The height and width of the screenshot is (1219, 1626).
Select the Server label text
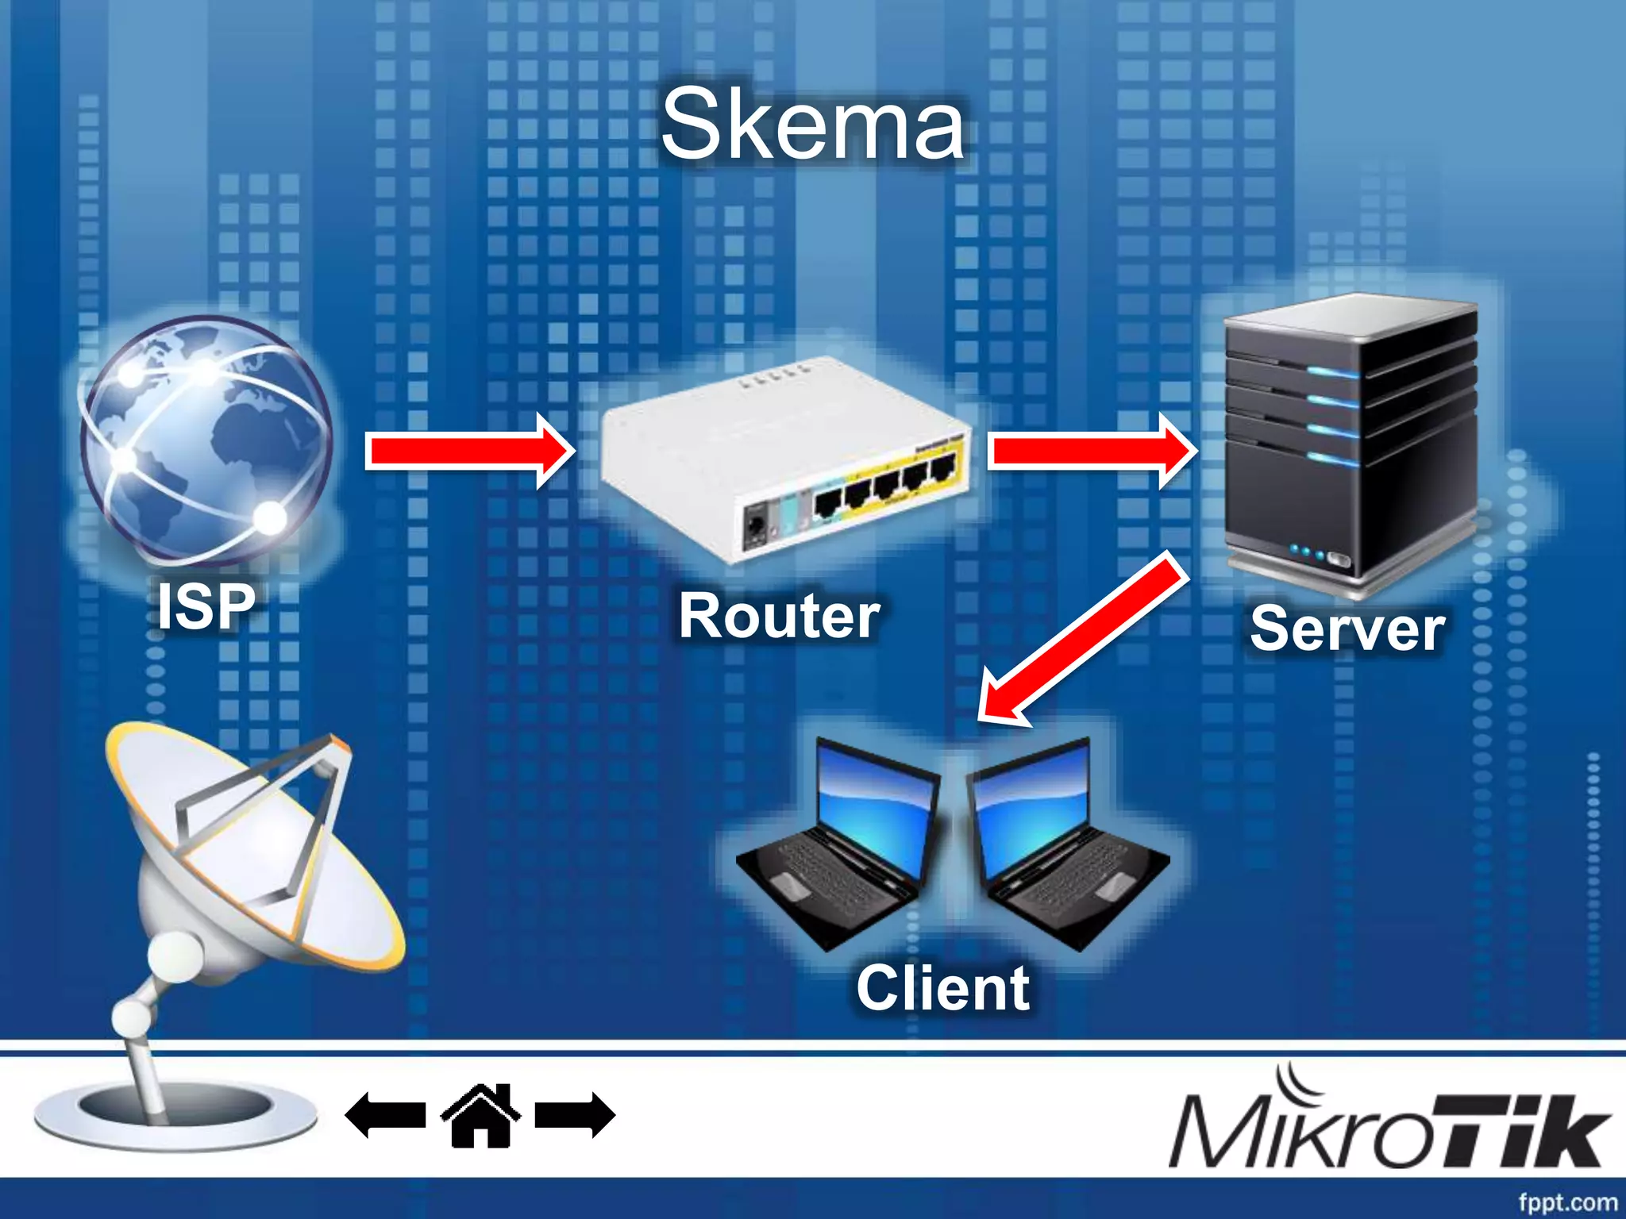1347,629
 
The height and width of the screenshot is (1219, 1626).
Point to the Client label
943,988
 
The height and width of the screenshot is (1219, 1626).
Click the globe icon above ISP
206,440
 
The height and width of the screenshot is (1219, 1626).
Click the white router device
782,460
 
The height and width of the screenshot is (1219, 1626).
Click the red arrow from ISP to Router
468,451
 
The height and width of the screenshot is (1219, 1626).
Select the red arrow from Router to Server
1092,451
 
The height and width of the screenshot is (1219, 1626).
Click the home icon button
480,1115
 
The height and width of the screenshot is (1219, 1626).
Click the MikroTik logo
1389,1127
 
